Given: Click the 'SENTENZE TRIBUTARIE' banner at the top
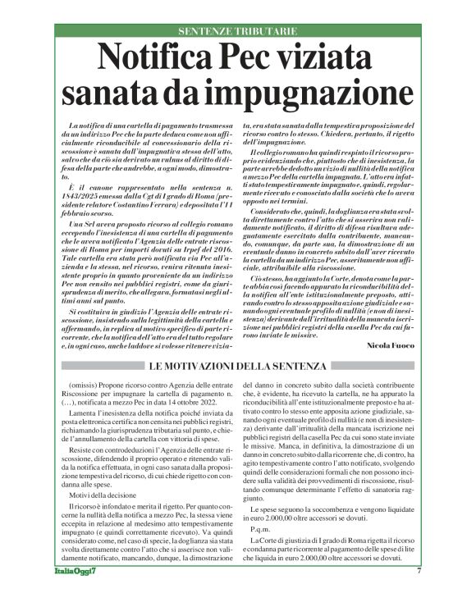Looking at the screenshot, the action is pyautogui.click(x=238, y=31).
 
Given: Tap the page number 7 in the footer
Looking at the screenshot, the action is pyautogui.click(x=419, y=594).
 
